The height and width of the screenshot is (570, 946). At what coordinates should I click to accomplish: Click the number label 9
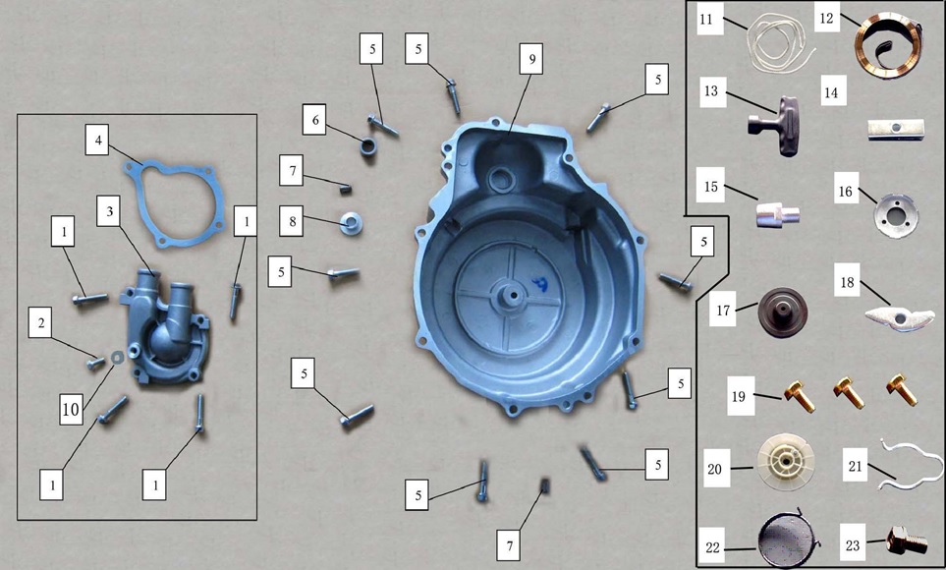point(531,59)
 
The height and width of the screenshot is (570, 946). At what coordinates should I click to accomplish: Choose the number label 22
point(712,547)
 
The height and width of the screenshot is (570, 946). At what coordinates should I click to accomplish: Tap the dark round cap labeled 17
point(783,313)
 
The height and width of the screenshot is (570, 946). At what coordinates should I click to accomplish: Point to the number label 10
point(71,410)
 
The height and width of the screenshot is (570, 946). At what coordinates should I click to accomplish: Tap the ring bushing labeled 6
point(368,147)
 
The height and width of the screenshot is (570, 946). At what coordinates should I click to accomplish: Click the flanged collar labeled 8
point(351,224)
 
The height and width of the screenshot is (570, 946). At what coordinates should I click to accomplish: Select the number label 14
point(831,92)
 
